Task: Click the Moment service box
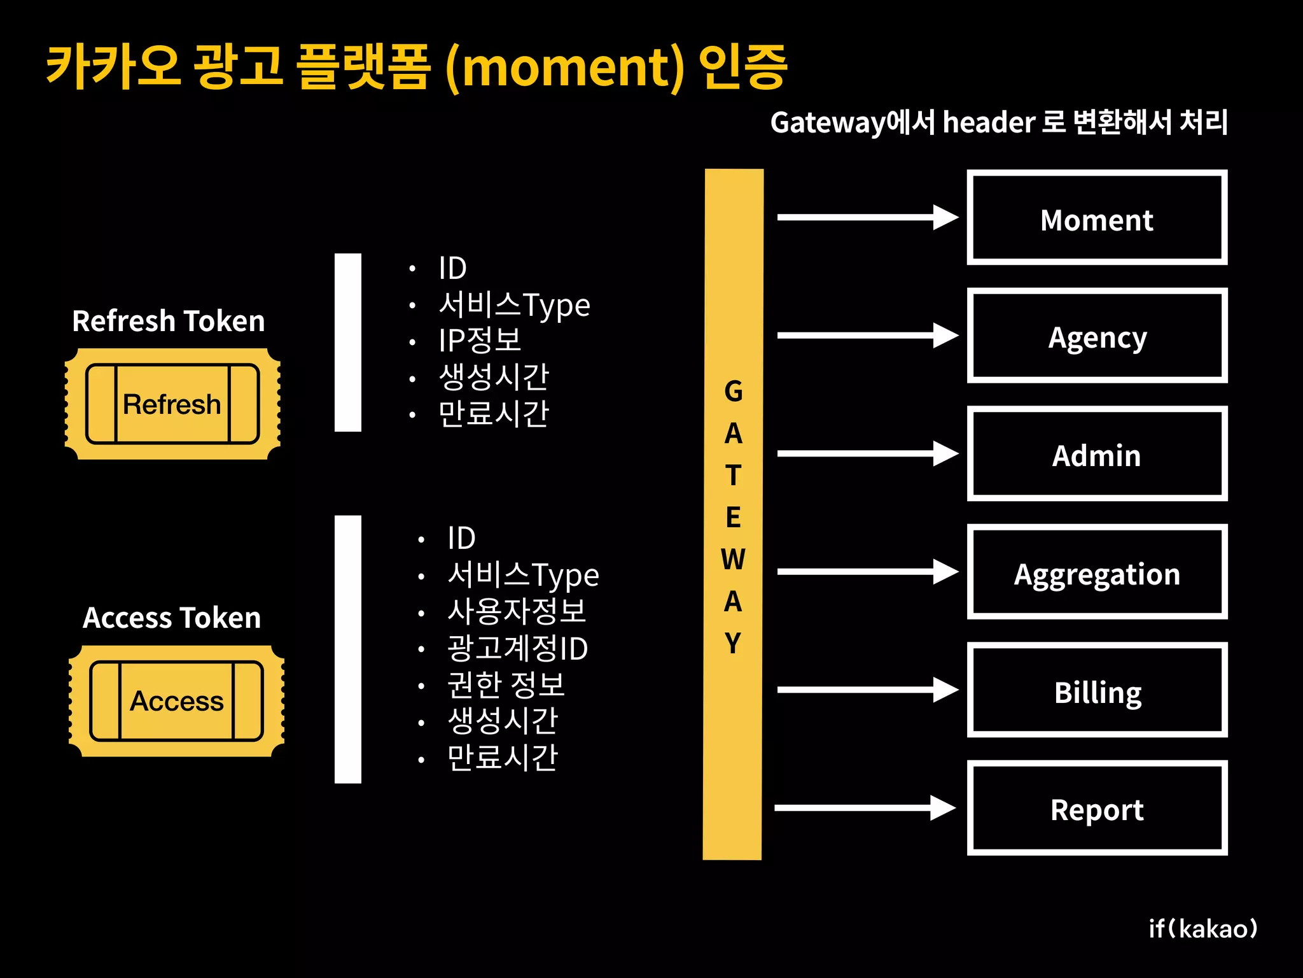pyautogui.click(x=1097, y=218)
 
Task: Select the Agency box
pyautogui.click(x=1097, y=336)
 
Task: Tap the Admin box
pyautogui.click(x=1097, y=454)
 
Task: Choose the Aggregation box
pyautogui.click(x=1097, y=572)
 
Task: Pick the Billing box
pyautogui.click(x=1097, y=690)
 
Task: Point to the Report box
pyautogui.click(x=1097, y=808)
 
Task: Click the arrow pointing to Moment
pyautogui.click(x=867, y=217)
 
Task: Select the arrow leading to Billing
pyautogui.click(x=867, y=690)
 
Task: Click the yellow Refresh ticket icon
pyautogui.click(x=172, y=404)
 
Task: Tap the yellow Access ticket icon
pyautogui.click(x=176, y=701)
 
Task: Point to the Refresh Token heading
pyautogui.click(x=169, y=321)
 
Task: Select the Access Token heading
pyautogui.click(x=172, y=618)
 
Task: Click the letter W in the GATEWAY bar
pyautogui.click(x=733, y=560)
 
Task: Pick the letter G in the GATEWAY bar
pyautogui.click(x=733, y=392)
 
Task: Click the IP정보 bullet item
pyautogui.click(x=480, y=341)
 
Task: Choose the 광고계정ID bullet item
pyautogui.click(x=517, y=648)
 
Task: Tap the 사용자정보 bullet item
pyautogui.click(x=517, y=611)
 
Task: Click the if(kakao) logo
pyautogui.click(x=1203, y=929)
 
